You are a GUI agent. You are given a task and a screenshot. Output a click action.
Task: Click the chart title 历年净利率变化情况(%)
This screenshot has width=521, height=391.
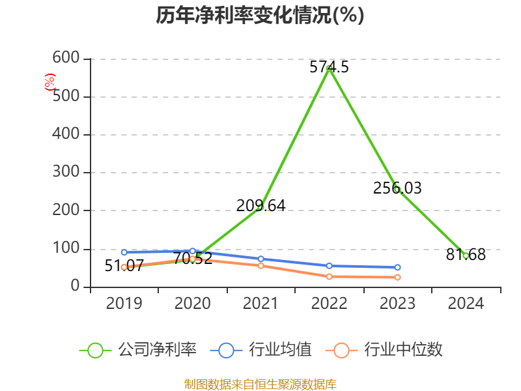pos(260,16)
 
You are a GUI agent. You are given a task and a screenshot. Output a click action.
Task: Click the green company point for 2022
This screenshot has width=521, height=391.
pos(330,68)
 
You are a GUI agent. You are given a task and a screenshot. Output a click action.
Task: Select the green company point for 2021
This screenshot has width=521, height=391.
pos(260,207)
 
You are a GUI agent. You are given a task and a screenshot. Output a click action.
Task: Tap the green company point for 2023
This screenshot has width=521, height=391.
pos(397,190)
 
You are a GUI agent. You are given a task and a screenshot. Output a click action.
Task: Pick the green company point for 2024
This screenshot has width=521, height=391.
pos(466,255)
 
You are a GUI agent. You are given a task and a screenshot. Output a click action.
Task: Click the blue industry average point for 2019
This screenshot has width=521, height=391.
pos(124,252)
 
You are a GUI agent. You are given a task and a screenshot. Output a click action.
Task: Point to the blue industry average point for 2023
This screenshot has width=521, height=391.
pos(397,267)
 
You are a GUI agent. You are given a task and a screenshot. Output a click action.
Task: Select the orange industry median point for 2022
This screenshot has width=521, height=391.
pos(329,276)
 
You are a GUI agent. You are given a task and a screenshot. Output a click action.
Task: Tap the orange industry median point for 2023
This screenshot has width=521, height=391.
pos(397,278)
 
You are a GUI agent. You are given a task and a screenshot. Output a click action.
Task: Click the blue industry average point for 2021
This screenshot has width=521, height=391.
pos(260,259)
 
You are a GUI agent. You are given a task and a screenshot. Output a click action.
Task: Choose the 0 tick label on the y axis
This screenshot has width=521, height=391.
pos(76,287)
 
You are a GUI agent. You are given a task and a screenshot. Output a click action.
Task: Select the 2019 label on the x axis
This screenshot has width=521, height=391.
pos(124,304)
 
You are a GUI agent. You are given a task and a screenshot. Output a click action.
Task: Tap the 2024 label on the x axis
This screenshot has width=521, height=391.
pos(466,304)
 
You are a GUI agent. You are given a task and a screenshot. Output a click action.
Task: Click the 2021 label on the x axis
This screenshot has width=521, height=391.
pos(260,304)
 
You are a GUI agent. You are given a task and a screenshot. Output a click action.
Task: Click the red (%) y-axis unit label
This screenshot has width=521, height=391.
pos(49,82)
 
